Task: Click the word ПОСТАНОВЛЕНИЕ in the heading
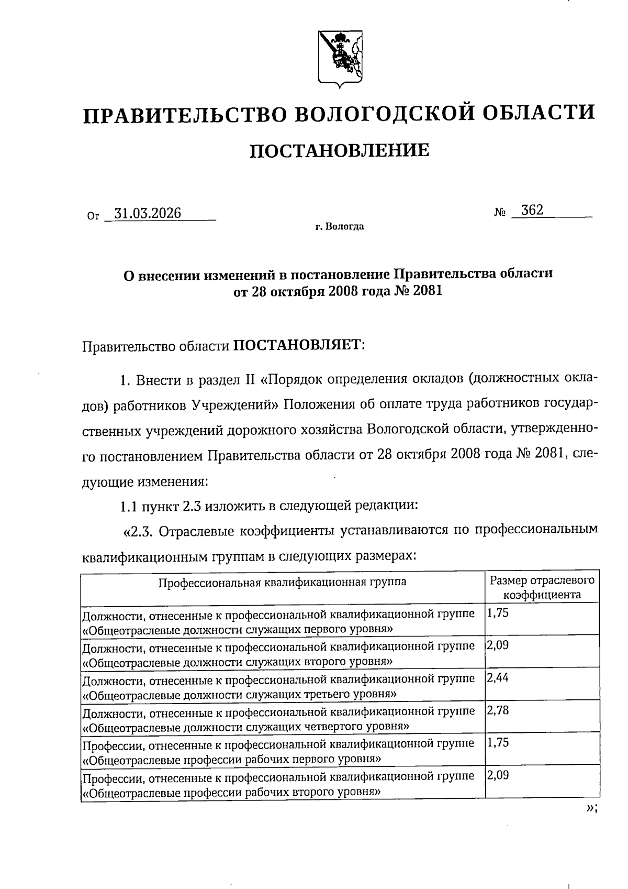[x=339, y=151]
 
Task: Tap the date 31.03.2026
[x=148, y=213]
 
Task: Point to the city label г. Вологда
[x=339, y=227]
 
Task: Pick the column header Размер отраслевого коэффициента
[x=542, y=587]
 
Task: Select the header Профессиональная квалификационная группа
[x=283, y=581]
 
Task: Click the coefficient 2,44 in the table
[x=497, y=678]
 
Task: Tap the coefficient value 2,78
[x=497, y=710]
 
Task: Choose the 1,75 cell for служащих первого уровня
[x=497, y=613]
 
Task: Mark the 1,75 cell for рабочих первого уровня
[x=497, y=743]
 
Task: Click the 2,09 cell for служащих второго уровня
[x=497, y=645]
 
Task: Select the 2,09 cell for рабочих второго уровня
[x=497, y=775]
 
